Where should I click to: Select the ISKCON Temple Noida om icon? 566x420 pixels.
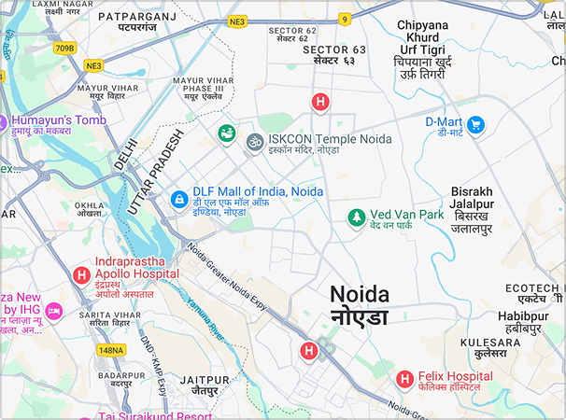(253, 142)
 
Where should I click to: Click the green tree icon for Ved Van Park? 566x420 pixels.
(355, 217)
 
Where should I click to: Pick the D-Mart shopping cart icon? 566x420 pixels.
(475, 124)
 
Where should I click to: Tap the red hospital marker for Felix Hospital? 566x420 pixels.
(404, 379)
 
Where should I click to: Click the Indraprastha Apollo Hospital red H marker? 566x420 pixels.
(81, 275)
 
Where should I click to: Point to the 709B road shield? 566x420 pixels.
(64, 48)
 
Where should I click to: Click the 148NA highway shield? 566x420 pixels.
(111, 350)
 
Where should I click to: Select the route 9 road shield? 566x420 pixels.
(345, 19)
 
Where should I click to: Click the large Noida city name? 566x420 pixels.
(359, 294)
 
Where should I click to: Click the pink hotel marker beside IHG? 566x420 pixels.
(54, 310)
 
